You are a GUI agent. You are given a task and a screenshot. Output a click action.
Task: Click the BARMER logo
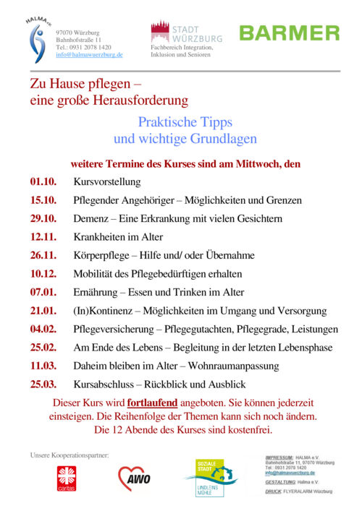tap(289, 33)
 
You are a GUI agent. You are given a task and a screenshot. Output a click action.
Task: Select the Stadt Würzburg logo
tap(186, 32)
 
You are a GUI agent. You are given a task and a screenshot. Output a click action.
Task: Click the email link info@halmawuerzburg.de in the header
tap(89, 54)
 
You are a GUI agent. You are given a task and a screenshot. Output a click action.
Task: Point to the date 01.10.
tap(43, 181)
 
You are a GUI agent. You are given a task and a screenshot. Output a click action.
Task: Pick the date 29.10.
tap(43, 218)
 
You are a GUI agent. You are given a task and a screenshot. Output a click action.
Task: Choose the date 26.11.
tap(43, 255)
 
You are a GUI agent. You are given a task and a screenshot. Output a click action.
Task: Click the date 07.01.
tap(43, 292)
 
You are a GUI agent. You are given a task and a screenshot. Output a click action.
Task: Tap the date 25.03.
tap(43, 384)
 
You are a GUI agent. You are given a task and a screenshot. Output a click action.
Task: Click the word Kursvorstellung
tap(106, 181)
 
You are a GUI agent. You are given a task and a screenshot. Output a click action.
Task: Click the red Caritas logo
tap(66, 478)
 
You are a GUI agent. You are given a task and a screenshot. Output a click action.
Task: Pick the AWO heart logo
tap(135, 478)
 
